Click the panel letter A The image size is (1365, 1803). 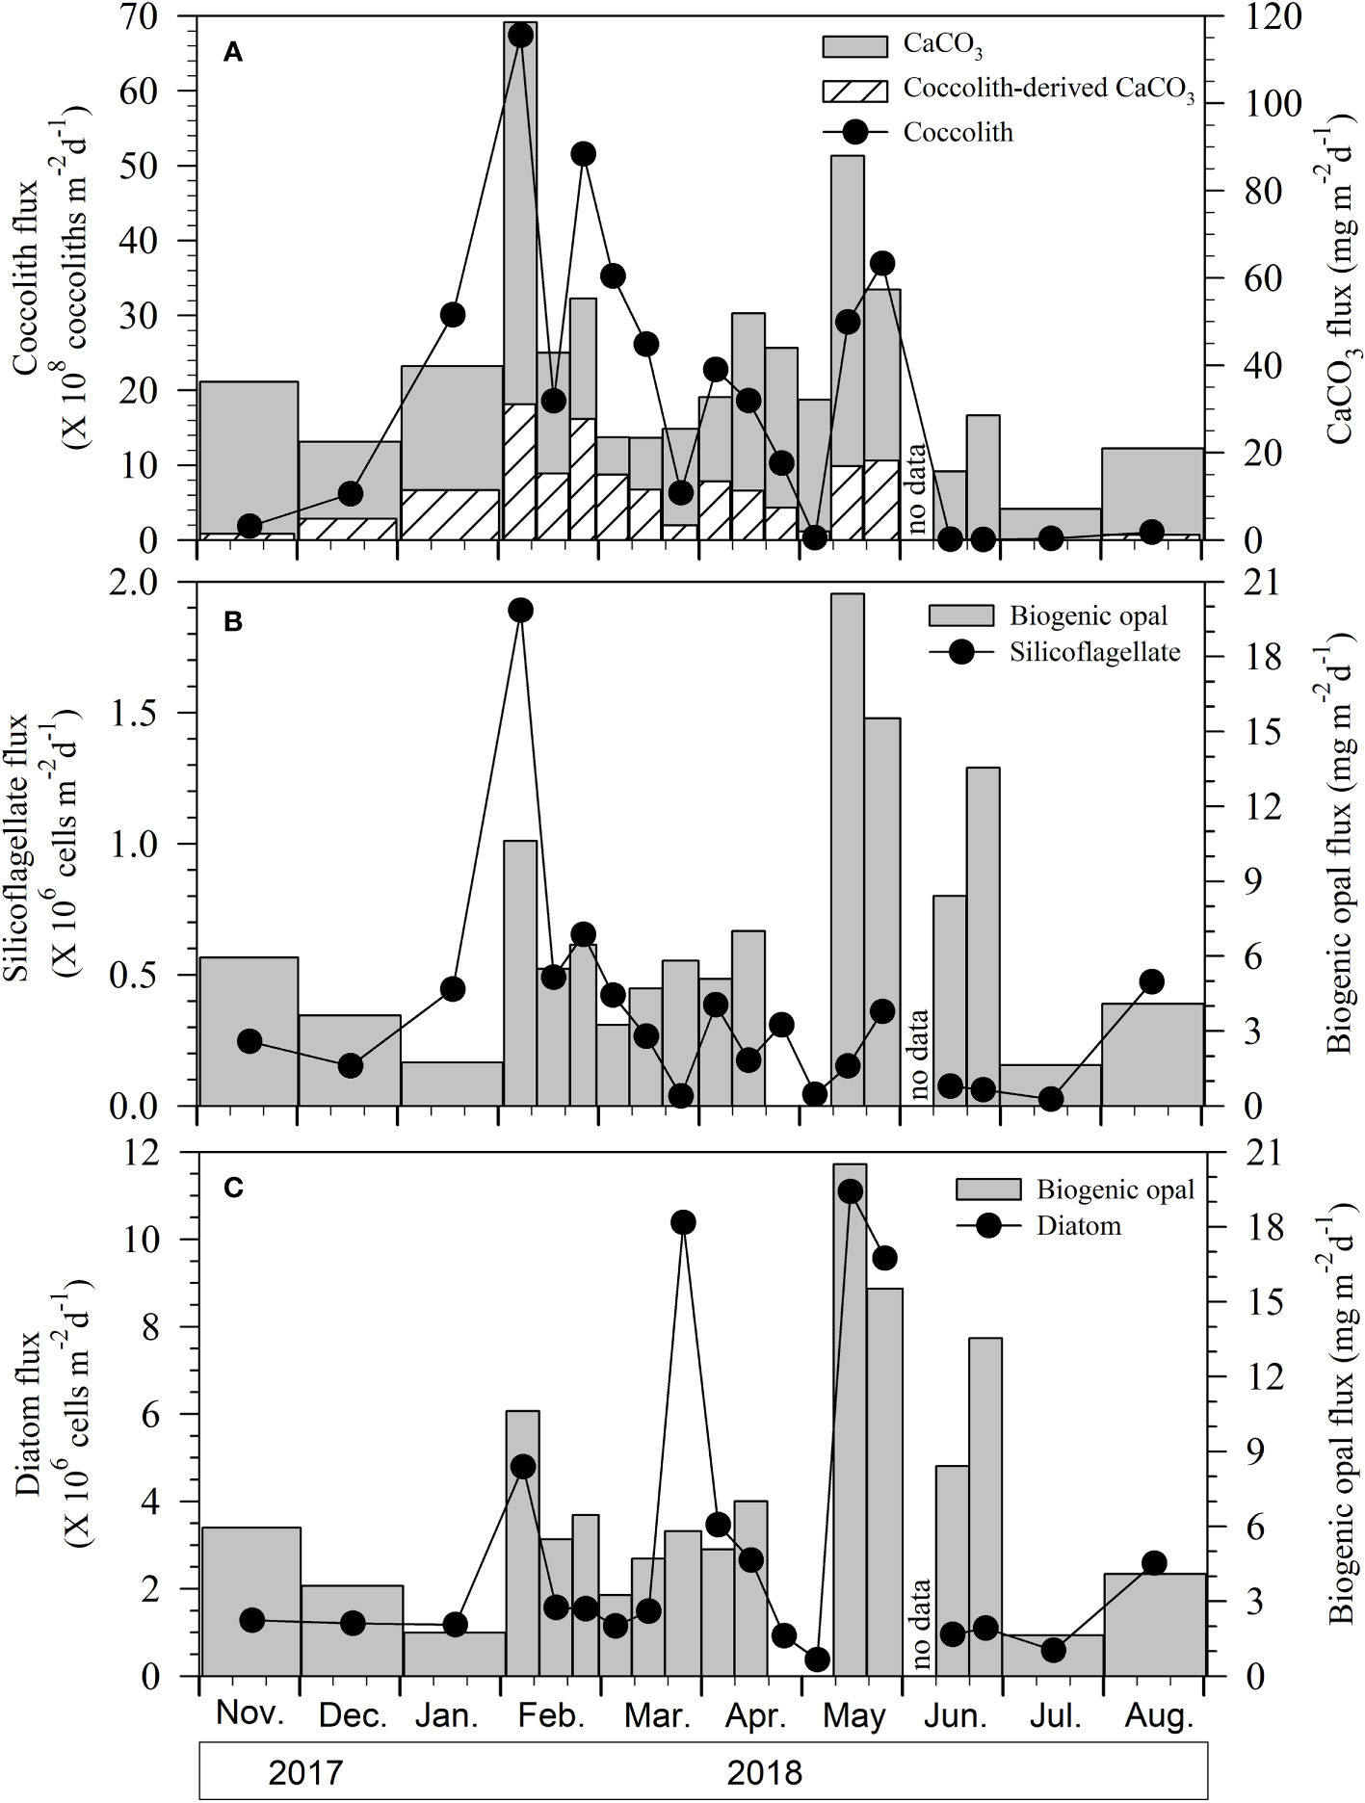point(232,54)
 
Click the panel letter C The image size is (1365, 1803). point(232,1189)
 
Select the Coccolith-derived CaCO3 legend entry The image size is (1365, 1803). point(1048,90)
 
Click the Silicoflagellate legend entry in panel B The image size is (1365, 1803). point(1094,652)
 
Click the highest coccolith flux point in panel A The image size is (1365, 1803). point(520,35)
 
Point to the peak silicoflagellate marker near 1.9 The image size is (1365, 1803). point(520,610)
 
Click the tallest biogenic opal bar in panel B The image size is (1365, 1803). point(848,848)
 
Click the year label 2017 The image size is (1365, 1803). point(307,1771)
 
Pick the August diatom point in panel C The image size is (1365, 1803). point(1155,1563)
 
